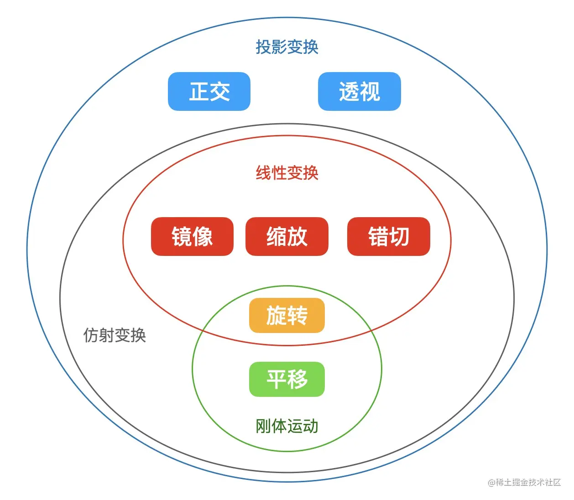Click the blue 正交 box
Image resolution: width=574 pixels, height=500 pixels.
[209, 91]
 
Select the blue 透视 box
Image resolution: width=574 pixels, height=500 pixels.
[359, 91]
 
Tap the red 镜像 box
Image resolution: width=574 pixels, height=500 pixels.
[192, 236]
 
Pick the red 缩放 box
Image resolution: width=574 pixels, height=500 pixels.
[287, 236]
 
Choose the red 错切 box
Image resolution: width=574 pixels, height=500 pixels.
[388, 236]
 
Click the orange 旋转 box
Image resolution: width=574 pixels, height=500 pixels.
[287, 315]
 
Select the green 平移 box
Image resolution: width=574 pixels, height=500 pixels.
[287, 379]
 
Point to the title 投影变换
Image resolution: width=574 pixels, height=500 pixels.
[287, 47]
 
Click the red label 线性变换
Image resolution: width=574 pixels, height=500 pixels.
[287, 173]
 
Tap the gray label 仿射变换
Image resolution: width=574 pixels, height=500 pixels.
[115, 335]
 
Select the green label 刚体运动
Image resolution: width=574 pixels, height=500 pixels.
[287, 426]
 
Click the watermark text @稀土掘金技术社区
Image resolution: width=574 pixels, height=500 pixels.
[524, 482]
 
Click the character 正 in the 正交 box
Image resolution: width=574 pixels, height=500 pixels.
[199, 91]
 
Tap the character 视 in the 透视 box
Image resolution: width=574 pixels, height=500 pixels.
[370, 91]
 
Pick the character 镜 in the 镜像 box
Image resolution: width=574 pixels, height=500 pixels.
[182, 236]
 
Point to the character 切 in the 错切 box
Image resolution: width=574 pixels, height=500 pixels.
[399, 236]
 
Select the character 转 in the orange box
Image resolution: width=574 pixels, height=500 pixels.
[297, 315]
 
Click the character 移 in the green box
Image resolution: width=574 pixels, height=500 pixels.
[297, 379]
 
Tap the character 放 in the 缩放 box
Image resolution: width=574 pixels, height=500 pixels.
[297, 236]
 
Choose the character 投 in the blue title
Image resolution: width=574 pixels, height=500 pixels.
[263, 47]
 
